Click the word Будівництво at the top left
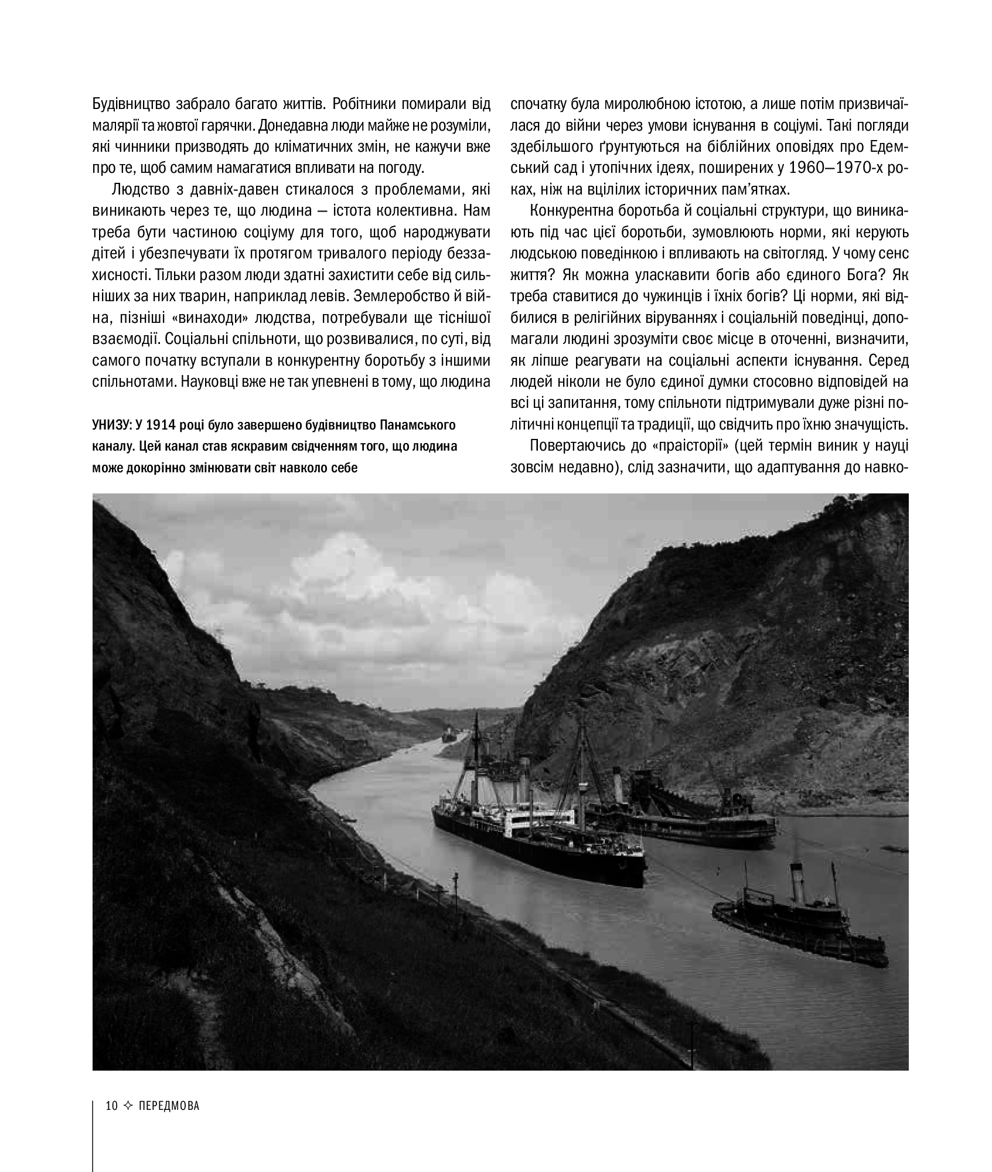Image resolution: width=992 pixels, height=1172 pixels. (129, 103)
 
